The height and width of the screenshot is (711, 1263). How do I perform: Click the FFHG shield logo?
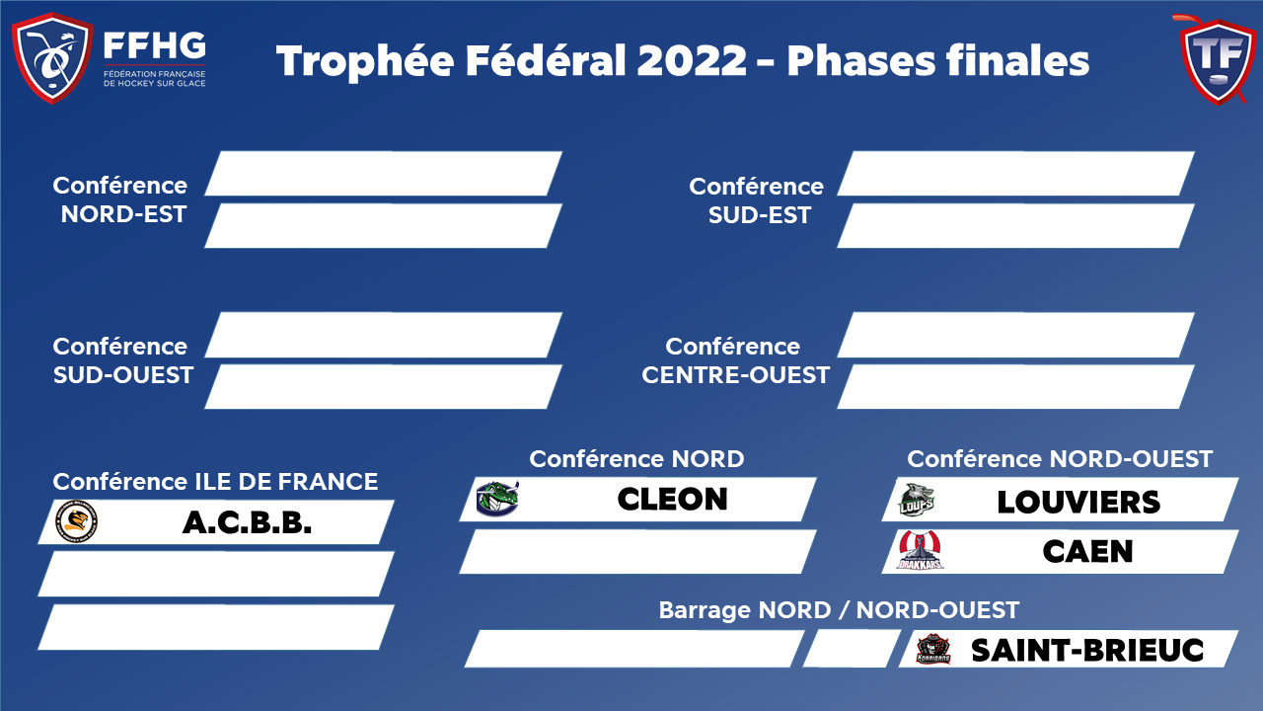pyautogui.click(x=52, y=57)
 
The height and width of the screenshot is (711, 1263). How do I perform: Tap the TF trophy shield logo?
pyautogui.click(x=1218, y=60)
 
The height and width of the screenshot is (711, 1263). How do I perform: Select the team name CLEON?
pyautogui.click(x=673, y=499)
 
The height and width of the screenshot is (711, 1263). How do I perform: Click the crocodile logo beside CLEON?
pyautogui.click(x=497, y=499)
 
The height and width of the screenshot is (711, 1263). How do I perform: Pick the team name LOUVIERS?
pyautogui.click(x=1078, y=503)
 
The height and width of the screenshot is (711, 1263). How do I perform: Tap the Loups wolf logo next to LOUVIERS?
pyautogui.click(x=917, y=500)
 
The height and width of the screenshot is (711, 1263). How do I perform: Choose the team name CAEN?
pyautogui.click(x=1087, y=551)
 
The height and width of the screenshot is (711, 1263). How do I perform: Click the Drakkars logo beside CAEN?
pyautogui.click(x=921, y=550)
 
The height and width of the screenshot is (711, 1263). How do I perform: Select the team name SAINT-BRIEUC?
pyautogui.click(x=1087, y=650)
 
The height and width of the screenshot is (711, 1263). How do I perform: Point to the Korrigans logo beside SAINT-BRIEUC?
pyautogui.click(x=933, y=649)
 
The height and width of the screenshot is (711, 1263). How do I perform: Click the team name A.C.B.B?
pyautogui.click(x=247, y=523)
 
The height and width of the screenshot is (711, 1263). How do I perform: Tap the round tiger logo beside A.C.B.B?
pyautogui.click(x=76, y=521)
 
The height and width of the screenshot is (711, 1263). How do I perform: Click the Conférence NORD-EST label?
pyautogui.click(x=120, y=199)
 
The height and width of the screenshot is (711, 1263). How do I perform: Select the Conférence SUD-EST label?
pyautogui.click(x=757, y=200)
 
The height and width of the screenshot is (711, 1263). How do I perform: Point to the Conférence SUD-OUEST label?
pyautogui.click(x=123, y=360)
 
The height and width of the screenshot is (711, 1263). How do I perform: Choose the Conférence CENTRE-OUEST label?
pyautogui.click(x=736, y=360)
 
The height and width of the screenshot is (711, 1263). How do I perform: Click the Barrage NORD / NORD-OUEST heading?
pyautogui.click(x=839, y=610)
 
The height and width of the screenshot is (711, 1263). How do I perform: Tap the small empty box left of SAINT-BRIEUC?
pyautogui.click(x=852, y=649)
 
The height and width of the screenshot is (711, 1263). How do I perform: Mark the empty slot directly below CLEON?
pyautogui.click(x=637, y=551)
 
